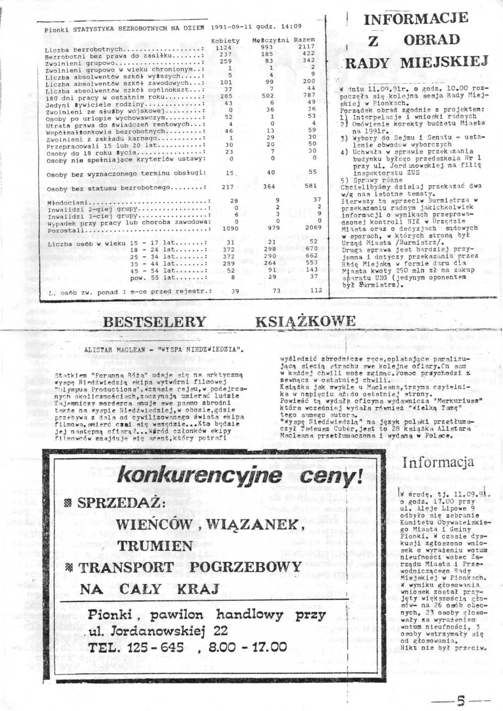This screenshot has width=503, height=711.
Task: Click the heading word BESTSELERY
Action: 155,321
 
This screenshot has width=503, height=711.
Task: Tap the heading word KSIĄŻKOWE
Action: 305,321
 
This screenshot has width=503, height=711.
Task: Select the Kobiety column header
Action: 225,41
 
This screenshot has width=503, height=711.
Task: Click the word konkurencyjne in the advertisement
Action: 200,476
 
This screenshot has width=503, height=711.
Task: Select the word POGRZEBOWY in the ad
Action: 245,567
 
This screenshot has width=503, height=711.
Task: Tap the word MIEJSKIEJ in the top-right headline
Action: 444,61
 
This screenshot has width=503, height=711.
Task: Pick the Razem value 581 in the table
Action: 310,186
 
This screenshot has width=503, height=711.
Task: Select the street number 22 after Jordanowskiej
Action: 220,630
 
